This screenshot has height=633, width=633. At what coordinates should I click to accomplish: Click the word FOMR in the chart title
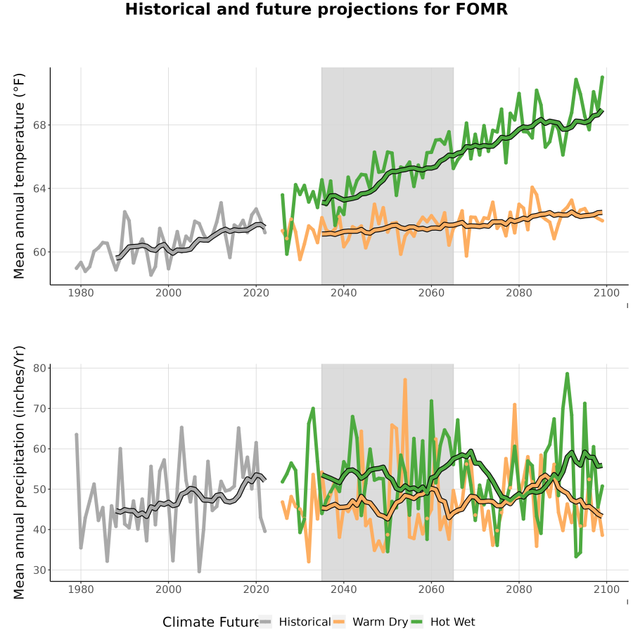click(x=482, y=9)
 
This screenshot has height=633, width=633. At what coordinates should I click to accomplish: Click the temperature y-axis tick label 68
click(x=40, y=125)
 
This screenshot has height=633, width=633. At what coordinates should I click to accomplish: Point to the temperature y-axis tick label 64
click(x=40, y=188)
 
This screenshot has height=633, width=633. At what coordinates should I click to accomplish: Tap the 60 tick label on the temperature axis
click(x=40, y=252)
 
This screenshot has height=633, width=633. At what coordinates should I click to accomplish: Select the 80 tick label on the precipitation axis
click(x=40, y=368)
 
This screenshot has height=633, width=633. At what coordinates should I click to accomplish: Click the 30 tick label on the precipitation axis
click(x=40, y=570)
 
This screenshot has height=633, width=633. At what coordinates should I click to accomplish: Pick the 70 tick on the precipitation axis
click(x=40, y=409)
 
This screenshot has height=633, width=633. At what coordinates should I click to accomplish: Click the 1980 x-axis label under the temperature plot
click(x=81, y=293)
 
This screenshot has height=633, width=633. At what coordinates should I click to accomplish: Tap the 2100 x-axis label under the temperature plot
click(x=606, y=293)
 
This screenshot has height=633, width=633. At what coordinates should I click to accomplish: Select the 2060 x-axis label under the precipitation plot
click(x=431, y=589)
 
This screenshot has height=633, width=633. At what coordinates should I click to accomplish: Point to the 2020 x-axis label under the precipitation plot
click(x=256, y=589)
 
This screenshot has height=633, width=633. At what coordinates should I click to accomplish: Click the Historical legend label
click(x=305, y=622)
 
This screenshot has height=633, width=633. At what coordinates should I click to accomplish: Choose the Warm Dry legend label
click(x=381, y=622)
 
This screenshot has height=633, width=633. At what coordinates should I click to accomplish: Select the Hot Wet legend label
click(x=452, y=622)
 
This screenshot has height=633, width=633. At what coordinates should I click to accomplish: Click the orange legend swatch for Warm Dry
click(x=339, y=622)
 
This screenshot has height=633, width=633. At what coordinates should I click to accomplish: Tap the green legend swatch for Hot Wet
click(x=416, y=622)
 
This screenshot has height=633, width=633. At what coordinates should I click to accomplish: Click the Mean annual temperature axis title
click(x=19, y=176)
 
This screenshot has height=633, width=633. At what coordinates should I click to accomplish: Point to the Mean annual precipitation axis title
click(x=19, y=473)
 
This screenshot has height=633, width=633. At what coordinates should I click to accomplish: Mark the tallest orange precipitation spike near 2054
click(x=405, y=380)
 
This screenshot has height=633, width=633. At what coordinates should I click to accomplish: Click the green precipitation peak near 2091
click(x=567, y=374)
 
